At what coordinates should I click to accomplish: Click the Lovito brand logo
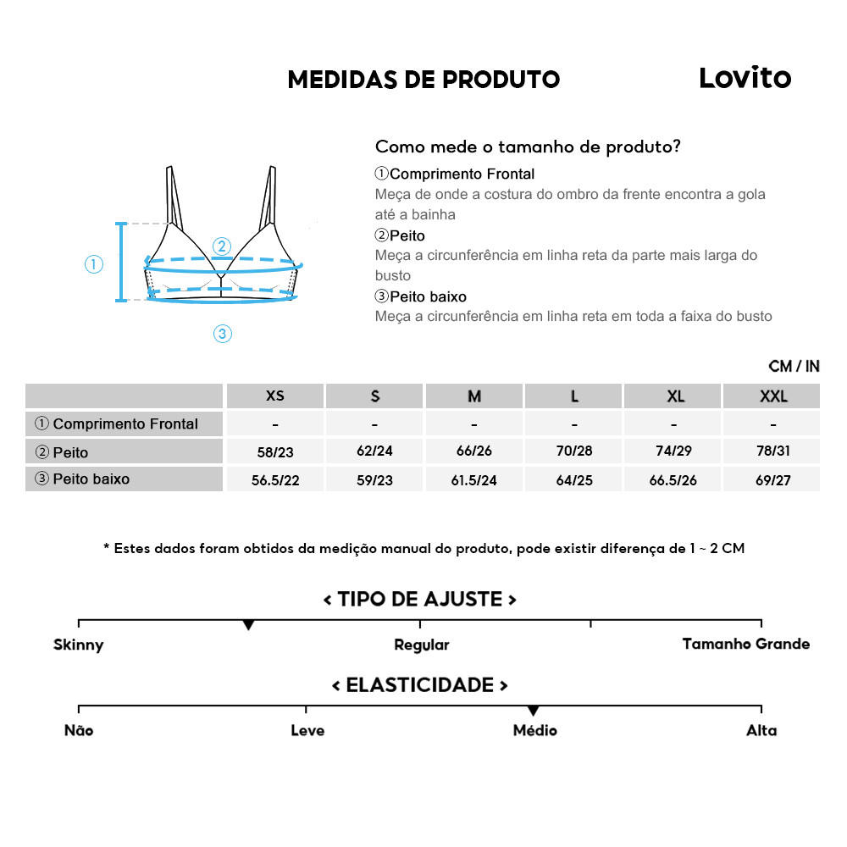[x=745, y=78]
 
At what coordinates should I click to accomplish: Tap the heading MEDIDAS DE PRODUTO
[x=423, y=80]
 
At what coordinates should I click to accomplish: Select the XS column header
[x=275, y=396]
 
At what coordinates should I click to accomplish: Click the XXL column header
[x=772, y=396]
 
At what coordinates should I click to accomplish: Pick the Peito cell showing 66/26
[x=474, y=451]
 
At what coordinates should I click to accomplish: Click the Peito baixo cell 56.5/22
[x=275, y=479]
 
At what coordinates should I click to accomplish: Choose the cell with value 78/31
[x=772, y=451]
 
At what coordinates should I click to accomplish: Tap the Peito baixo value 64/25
[x=574, y=479]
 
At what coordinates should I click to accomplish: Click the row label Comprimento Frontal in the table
[x=125, y=423]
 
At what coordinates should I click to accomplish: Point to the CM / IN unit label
[x=794, y=366]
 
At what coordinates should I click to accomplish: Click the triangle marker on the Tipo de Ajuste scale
[x=248, y=625]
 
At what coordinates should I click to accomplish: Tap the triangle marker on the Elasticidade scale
[x=533, y=711]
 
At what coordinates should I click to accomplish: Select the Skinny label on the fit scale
[x=78, y=645]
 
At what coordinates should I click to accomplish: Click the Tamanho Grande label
[x=745, y=644]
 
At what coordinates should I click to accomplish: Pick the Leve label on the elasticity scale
[x=307, y=730]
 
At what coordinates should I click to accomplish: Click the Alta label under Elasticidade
[x=761, y=730]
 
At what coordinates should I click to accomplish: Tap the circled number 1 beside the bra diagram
[x=94, y=264]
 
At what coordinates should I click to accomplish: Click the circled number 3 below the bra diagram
[x=222, y=334]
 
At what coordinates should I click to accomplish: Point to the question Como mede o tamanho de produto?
[x=528, y=147]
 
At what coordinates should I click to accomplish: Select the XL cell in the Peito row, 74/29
[x=673, y=451]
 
